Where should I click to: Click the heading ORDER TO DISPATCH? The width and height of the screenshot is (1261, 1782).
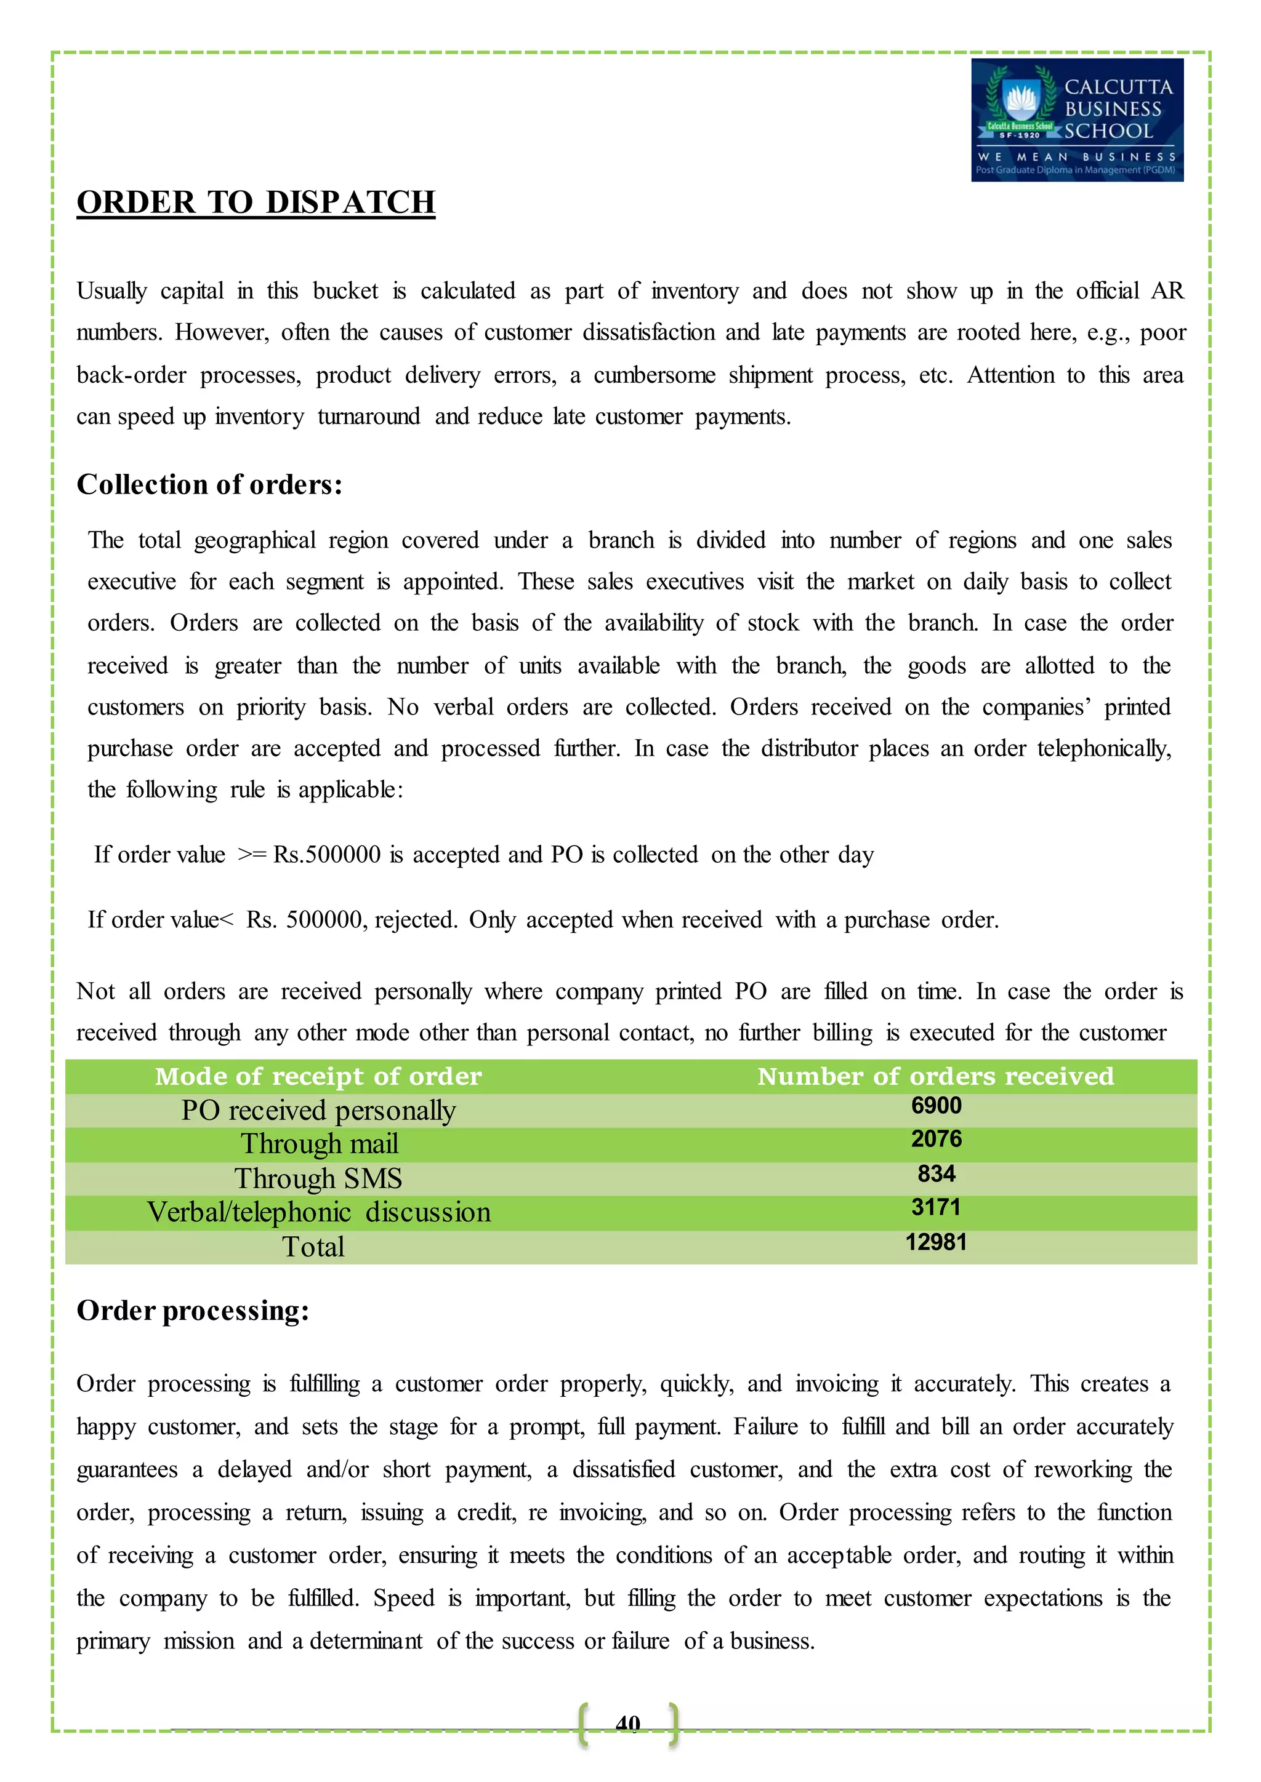256,202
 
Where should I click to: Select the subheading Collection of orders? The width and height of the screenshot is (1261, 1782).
209,484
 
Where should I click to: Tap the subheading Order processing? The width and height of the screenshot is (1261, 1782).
193,1310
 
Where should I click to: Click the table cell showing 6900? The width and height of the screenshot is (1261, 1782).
936,1105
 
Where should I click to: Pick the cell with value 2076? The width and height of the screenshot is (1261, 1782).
936,1140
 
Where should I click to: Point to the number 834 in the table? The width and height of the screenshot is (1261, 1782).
936,1173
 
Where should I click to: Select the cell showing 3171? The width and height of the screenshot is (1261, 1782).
936,1208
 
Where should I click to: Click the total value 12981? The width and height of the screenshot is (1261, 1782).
936,1242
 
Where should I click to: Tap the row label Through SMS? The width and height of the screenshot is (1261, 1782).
318,1178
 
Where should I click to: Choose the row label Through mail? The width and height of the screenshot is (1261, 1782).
319,1144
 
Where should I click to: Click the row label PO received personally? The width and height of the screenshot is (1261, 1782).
318,1111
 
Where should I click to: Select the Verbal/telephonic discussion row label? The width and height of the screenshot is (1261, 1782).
318,1212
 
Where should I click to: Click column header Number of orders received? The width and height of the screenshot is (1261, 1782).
936,1076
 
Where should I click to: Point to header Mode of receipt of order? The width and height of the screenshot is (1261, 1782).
318,1076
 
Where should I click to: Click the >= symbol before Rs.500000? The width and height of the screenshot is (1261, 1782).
252,855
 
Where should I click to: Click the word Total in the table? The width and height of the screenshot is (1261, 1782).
313,1247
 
